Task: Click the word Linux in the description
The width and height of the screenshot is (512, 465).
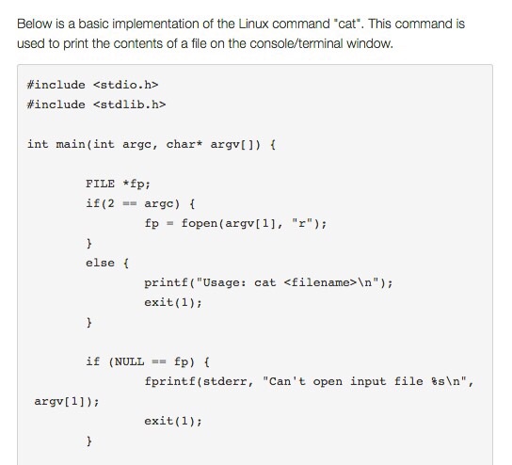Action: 254,24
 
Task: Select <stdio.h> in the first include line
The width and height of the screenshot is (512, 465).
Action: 126,85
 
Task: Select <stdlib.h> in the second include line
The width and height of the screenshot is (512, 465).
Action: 130,104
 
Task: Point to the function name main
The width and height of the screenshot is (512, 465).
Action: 71,144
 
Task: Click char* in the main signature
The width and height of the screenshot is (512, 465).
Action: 184,144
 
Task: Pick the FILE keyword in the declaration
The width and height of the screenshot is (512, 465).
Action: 101,184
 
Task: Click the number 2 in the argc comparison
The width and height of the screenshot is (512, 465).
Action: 111,203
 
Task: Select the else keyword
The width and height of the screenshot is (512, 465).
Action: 101,263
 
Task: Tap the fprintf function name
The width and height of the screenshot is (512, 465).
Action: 169,381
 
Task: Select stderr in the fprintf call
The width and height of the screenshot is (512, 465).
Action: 225,381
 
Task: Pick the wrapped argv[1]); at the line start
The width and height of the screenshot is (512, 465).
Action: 67,401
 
